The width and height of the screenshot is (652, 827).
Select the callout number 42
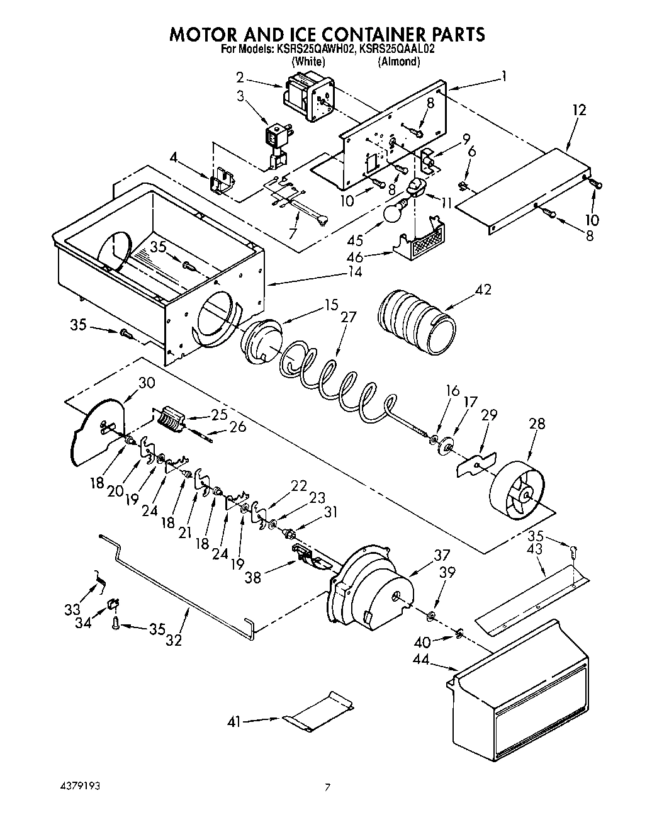tap(483, 290)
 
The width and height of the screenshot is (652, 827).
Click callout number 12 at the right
tap(579, 110)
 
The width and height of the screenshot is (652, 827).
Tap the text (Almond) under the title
tap(398, 61)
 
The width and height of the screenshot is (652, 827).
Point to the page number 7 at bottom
tap(327, 787)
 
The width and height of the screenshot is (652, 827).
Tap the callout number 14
tap(356, 272)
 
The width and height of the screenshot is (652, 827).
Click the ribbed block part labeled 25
tap(169, 418)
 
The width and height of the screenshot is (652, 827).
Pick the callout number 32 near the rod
tap(174, 640)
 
